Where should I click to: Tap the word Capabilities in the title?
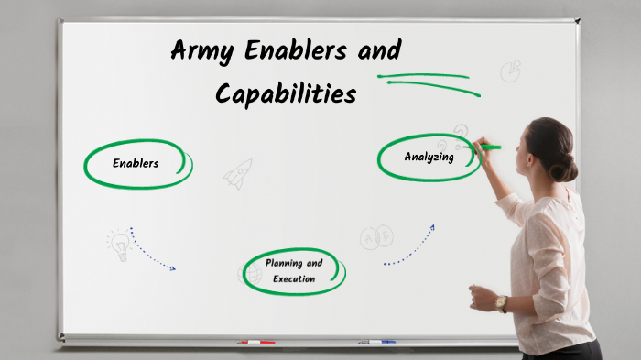(285, 93)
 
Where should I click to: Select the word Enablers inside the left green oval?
(136, 164)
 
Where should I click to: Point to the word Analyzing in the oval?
(429, 157)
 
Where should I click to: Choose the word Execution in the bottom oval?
(294, 278)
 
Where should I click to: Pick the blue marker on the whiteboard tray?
(377, 342)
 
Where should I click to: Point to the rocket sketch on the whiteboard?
(238, 173)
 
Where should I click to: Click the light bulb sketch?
(119, 244)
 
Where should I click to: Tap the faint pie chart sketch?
(511, 71)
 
